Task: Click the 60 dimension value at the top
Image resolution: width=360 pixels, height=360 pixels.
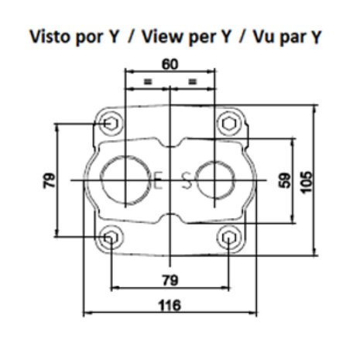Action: point(170,64)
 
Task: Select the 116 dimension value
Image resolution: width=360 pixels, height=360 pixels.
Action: point(170,305)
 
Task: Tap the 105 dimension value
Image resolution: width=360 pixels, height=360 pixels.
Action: point(306,182)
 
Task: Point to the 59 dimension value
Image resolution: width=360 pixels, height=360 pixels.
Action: point(285,180)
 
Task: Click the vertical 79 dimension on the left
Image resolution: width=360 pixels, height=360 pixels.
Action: point(49,180)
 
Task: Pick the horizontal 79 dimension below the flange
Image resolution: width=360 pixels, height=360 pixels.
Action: point(170,280)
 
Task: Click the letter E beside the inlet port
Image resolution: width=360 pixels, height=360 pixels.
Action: point(158,180)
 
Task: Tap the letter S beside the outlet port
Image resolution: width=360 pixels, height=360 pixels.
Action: point(187,180)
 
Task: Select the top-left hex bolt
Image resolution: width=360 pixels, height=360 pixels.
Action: point(111,124)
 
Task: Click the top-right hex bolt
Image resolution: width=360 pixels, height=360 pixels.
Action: point(229,124)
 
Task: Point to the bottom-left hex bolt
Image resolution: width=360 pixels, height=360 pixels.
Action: point(111,238)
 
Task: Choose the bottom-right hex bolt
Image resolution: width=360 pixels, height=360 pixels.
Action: point(229,238)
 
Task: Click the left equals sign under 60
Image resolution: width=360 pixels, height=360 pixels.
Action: point(148,82)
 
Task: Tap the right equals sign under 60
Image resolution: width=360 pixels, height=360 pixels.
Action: point(192,82)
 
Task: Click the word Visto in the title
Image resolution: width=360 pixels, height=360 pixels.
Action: point(49,36)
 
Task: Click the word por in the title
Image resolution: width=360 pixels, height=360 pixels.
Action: point(89,38)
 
